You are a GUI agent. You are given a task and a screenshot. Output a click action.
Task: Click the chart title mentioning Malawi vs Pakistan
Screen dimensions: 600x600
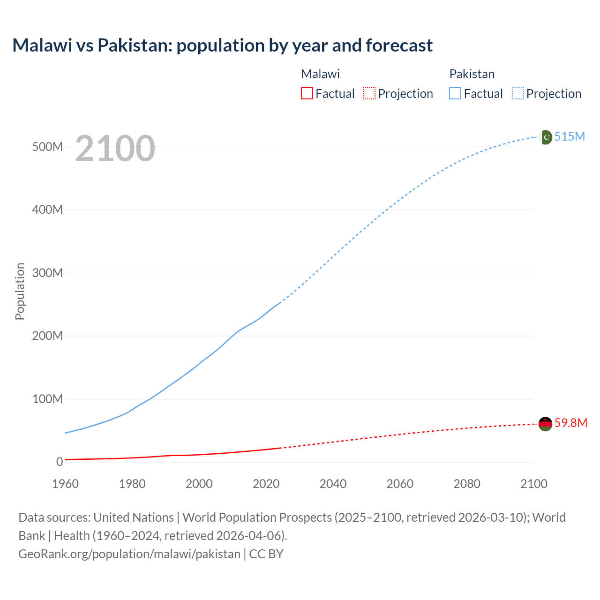pyautogui.click(x=222, y=45)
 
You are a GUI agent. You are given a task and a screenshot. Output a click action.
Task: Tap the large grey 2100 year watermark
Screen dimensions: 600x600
pyautogui.click(x=115, y=149)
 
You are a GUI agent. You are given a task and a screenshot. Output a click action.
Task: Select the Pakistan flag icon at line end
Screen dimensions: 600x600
pyautogui.click(x=546, y=137)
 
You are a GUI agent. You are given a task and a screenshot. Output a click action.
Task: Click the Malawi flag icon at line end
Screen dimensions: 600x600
pyautogui.click(x=545, y=424)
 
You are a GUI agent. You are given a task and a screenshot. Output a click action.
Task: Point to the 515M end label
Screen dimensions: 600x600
pyautogui.click(x=570, y=136)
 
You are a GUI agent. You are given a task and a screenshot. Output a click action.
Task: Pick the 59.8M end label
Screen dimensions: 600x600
pyautogui.click(x=570, y=423)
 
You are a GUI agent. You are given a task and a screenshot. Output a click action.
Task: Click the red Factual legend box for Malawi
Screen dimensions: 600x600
pyautogui.click(x=307, y=94)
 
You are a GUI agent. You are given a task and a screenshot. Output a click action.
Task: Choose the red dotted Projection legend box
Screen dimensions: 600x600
pyautogui.click(x=369, y=94)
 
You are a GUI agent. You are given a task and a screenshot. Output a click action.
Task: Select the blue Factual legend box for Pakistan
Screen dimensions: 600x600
pyautogui.click(x=455, y=94)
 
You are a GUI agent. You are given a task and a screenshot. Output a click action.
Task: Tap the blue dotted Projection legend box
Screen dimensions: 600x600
pyautogui.click(x=518, y=94)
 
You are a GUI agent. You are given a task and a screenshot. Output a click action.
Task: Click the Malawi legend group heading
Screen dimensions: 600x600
pyautogui.click(x=320, y=74)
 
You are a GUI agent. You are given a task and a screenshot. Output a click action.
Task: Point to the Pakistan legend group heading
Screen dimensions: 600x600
pyautogui.click(x=472, y=74)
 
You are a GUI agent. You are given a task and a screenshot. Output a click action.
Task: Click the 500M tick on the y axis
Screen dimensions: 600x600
pyautogui.click(x=47, y=147)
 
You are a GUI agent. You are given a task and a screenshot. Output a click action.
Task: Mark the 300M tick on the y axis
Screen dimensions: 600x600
pyautogui.click(x=47, y=273)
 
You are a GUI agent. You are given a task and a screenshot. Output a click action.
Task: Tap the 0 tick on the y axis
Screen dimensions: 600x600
pyautogui.click(x=59, y=462)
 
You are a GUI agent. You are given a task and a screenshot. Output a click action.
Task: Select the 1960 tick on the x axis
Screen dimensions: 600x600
pyautogui.click(x=65, y=484)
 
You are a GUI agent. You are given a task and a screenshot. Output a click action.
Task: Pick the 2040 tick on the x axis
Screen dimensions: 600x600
pyautogui.click(x=333, y=484)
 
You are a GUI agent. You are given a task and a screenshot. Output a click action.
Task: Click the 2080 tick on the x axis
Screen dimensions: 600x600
pyautogui.click(x=467, y=484)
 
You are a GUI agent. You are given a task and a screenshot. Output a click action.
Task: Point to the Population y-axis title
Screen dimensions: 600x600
pyautogui.click(x=20, y=291)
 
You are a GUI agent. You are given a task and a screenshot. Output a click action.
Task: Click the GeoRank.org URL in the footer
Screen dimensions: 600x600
pyautogui.click(x=129, y=554)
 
